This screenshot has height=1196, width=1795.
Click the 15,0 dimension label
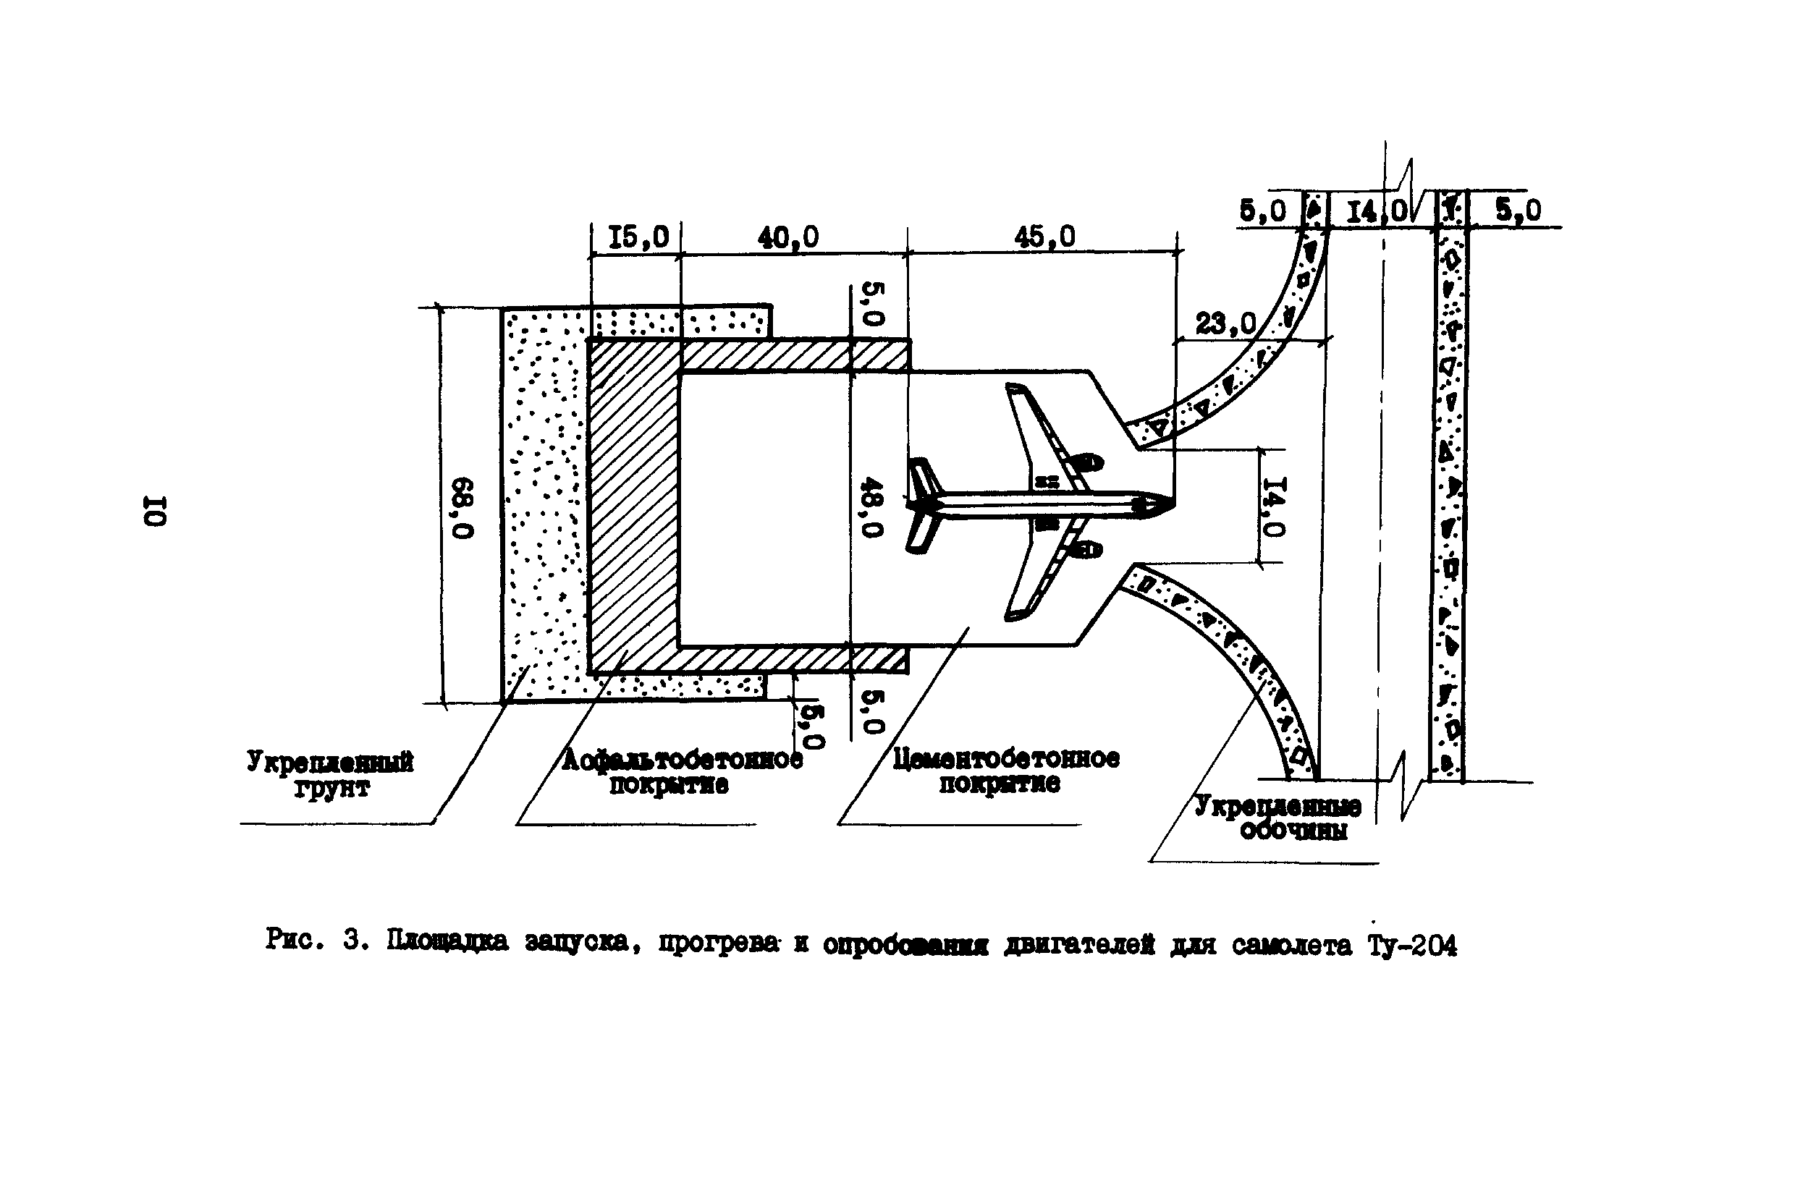pos(638,237)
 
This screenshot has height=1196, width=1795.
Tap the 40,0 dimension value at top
pos(787,237)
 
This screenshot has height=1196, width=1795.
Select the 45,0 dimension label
pos(1044,237)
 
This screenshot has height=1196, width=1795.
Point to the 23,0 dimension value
pos(1225,324)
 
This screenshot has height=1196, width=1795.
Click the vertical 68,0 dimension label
pos(463,507)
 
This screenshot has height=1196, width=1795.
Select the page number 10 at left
pos(154,510)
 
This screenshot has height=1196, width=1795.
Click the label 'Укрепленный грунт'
pos(329,773)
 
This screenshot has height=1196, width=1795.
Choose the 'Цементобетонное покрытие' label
pos(1005,771)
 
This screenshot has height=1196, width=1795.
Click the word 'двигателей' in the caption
pos(1078,945)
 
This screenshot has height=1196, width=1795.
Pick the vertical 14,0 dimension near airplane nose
pos(1274,506)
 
